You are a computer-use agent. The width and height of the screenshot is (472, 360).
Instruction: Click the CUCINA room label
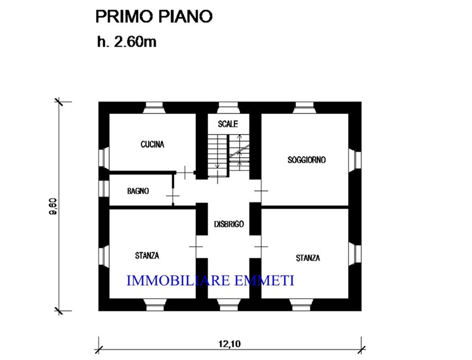(152, 145)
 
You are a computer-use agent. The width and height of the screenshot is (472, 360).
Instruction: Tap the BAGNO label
(138, 191)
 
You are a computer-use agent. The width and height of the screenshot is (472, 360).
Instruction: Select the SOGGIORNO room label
(306, 160)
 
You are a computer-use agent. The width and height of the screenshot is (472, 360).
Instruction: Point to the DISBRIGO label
(229, 224)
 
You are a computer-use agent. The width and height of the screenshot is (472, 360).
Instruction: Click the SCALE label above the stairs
(228, 124)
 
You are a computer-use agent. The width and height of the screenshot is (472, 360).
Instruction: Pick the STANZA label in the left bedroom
(147, 256)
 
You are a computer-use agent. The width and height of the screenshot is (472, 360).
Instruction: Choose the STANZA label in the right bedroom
(307, 258)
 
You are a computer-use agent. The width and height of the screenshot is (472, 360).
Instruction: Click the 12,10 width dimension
(230, 343)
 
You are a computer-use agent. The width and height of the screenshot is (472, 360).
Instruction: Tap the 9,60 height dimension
(53, 207)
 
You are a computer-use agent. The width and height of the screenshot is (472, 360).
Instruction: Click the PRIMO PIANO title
(154, 17)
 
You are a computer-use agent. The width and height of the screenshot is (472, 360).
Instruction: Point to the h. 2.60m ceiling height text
(127, 42)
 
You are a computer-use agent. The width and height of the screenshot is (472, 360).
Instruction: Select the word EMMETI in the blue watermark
(264, 280)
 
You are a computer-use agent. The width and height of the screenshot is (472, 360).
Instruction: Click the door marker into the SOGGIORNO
(261, 191)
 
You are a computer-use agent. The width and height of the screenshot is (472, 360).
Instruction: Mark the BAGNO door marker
(173, 196)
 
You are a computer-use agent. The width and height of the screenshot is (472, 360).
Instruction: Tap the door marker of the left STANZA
(196, 247)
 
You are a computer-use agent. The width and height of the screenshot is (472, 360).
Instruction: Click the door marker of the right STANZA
(261, 247)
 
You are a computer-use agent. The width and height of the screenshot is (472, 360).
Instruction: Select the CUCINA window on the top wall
(154, 108)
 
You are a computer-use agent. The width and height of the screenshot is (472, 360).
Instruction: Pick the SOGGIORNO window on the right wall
(355, 160)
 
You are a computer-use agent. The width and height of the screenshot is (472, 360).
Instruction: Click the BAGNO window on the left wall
(104, 188)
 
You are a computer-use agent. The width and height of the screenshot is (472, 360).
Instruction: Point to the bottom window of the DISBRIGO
(228, 305)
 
